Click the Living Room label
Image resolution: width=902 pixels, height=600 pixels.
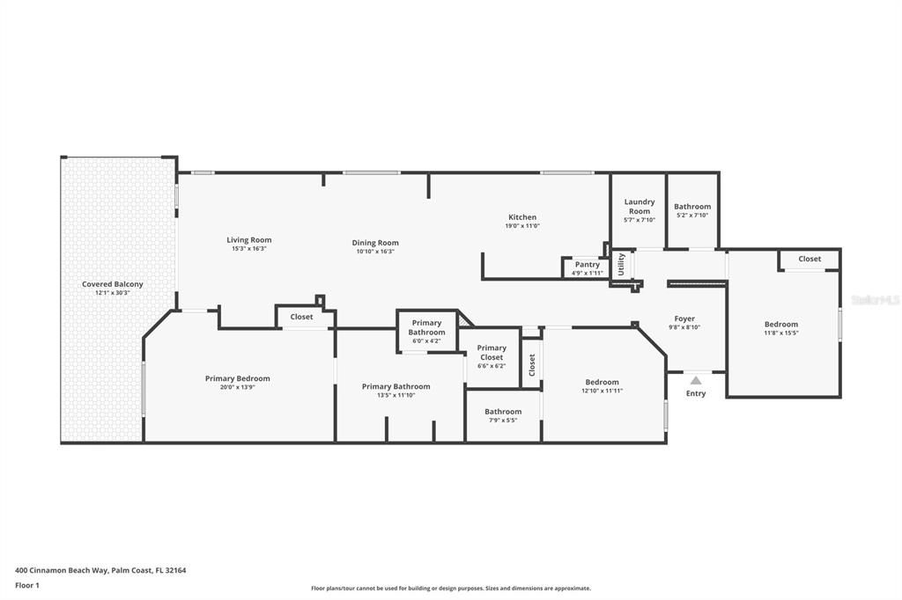point(249,239)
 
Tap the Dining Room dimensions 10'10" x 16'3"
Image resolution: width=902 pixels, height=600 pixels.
point(375,251)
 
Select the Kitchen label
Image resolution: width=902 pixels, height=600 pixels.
point(522,216)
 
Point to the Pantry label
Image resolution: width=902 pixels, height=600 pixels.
point(588,264)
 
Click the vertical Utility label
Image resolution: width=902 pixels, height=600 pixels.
point(621,264)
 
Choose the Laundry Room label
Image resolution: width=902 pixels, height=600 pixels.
point(640,207)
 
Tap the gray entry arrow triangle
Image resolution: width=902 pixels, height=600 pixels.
point(696,380)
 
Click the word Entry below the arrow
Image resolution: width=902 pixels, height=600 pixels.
point(696,393)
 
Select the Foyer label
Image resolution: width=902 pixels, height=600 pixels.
point(684,318)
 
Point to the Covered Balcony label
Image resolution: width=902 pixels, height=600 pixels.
point(112,284)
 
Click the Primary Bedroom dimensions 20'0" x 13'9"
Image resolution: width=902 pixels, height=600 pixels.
point(238,387)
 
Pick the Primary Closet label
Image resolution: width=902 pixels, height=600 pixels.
point(492,352)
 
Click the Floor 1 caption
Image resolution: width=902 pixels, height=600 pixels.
point(27,586)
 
